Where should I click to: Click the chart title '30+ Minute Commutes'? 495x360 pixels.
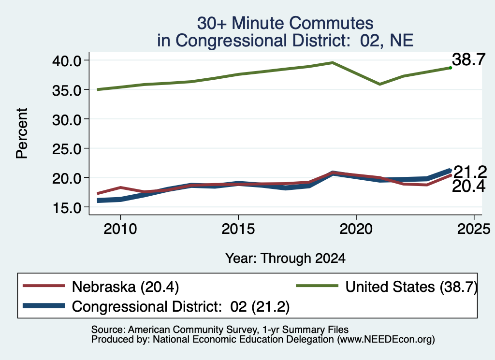[x=285, y=23]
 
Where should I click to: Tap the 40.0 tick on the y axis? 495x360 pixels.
[x=67, y=60]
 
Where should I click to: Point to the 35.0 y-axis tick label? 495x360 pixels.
[x=67, y=90]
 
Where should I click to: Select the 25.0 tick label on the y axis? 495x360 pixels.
[x=67, y=149]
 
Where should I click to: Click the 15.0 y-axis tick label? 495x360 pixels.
[x=67, y=208]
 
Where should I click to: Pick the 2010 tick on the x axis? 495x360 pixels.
[x=120, y=229]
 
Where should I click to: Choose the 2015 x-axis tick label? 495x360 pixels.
[x=238, y=229]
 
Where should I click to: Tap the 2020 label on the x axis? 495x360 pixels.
[x=356, y=229]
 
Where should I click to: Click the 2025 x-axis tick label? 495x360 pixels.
[x=474, y=229]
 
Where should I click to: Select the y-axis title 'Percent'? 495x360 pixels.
[x=22, y=133]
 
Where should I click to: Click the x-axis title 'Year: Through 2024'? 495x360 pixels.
[x=285, y=259]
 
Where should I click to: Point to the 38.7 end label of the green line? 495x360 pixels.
[x=468, y=59]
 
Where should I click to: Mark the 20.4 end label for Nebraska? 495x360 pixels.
[x=468, y=187]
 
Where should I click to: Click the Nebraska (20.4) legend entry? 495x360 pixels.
[x=101, y=287]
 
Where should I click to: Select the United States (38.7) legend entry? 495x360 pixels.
[x=387, y=287]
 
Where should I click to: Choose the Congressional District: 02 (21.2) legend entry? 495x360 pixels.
[x=156, y=306]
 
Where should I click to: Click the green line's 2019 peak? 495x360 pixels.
[x=333, y=62]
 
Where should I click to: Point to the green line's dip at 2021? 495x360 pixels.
[x=379, y=84]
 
